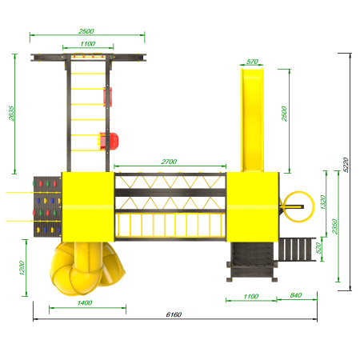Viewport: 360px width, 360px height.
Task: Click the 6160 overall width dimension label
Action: pos(174,314)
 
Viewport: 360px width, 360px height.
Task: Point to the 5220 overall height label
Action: pos(346,165)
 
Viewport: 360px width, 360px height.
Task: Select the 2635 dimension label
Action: pos(11,114)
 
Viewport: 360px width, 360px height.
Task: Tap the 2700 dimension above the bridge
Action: pos(169,162)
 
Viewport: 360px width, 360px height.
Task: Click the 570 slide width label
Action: pos(252,62)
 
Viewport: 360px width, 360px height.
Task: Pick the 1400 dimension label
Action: pos(85,302)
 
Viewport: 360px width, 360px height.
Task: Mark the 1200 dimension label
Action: pos(22,268)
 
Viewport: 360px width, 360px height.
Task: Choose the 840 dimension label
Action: pos(296,295)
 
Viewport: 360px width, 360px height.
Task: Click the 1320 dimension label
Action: pos(322,202)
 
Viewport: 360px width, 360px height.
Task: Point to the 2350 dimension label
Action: pos(335,226)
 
